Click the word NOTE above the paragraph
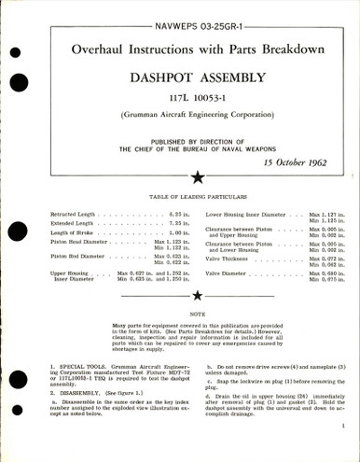tap(180, 315)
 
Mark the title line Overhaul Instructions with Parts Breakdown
tap(180, 44)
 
